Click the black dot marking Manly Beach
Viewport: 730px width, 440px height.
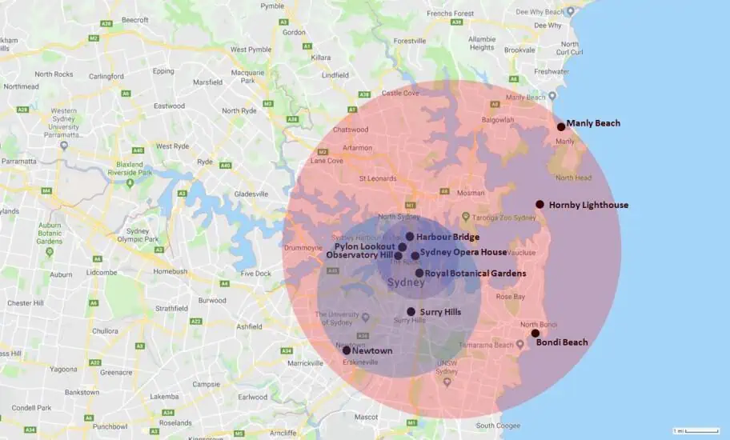(x=561, y=126)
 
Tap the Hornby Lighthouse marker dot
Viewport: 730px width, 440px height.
(x=540, y=204)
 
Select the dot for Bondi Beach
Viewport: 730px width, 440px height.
(x=535, y=333)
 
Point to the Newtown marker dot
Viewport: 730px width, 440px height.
(x=347, y=350)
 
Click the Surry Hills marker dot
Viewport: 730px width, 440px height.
(x=411, y=312)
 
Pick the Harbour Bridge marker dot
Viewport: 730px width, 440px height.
(x=410, y=237)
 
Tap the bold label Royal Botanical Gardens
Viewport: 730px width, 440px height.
(x=475, y=274)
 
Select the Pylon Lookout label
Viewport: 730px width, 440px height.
(x=364, y=246)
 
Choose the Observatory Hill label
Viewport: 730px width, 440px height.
(x=359, y=255)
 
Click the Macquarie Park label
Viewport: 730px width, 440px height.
(x=242, y=76)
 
